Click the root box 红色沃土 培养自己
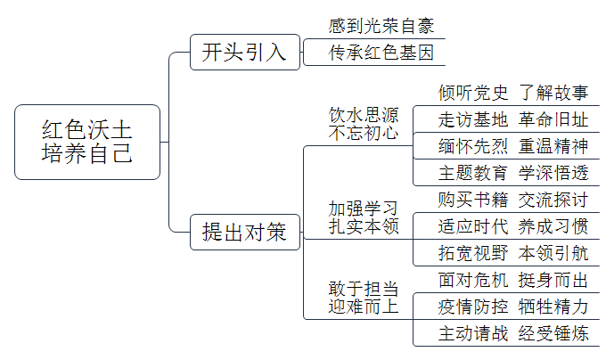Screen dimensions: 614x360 87,143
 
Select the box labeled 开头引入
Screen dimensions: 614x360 245,52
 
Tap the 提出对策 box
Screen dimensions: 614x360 245,232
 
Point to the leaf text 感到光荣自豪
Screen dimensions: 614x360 381,26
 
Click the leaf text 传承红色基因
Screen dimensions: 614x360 381,53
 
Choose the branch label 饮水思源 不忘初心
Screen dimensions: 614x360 364,124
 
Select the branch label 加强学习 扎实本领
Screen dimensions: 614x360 364,217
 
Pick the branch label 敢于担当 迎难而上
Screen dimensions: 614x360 364,298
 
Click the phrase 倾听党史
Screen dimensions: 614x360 473,94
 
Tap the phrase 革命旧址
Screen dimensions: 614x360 553,120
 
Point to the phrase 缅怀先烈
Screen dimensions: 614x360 473,146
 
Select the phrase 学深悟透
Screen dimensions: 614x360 553,173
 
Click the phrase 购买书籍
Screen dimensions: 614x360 473,200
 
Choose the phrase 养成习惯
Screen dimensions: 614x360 553,226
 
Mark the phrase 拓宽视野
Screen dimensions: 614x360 473,253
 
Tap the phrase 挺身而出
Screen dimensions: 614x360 553,281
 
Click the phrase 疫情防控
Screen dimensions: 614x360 473,307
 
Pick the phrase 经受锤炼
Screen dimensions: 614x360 553,334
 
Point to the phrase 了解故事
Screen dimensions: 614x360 553,94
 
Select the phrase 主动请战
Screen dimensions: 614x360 473,334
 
